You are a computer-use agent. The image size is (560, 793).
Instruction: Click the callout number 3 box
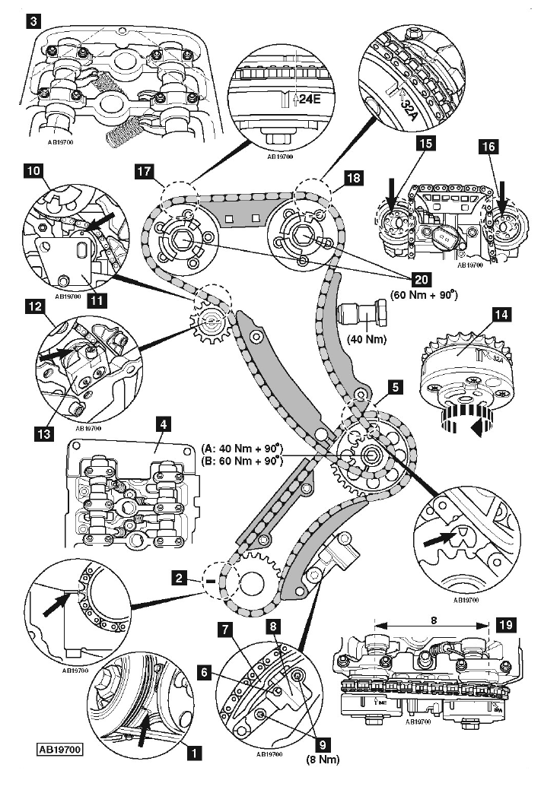click(33, 22)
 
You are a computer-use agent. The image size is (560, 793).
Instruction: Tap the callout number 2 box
click(180, 579)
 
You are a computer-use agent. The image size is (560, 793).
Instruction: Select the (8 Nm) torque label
click(323, 760)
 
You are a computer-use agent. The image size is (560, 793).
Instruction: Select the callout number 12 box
click(33, 307)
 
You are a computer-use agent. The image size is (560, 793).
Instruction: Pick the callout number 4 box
click(162, 420)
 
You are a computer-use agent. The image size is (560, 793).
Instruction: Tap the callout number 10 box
click(33, 173)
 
